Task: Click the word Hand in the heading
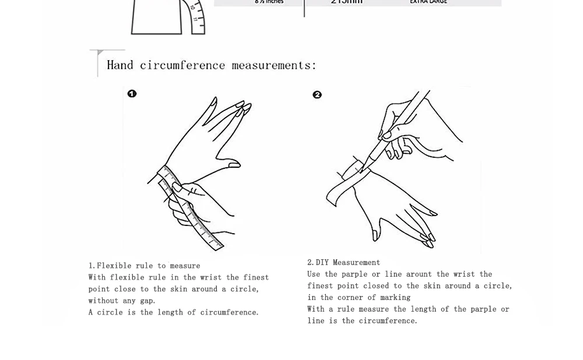click(x=120, y=65)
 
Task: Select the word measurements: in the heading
click(x=274, y=65)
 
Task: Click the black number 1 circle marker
click(x=132, y=94)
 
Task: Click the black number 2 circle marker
click(x=317, y=95)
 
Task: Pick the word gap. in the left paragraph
click(x=147, y=301)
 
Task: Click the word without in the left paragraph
click(x=104, y=301)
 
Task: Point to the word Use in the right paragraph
click(x=314, y=274)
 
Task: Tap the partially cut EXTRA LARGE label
click(x=428, y=2)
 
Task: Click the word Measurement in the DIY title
click(x=356, y=263)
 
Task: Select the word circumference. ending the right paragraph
click(x=388, y=321)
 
